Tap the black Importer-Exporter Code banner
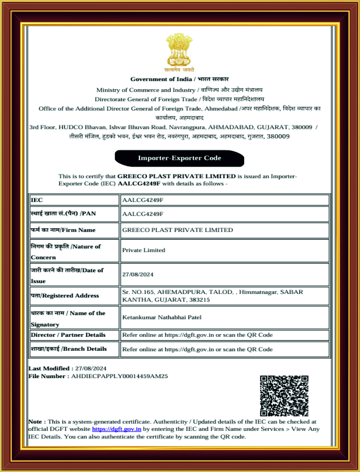tap(180, 158)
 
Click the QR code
tap(284, 395)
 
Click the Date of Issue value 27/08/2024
tap(137, 274)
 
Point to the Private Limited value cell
tap(144, 250)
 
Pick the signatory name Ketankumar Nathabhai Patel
tap(162, 318)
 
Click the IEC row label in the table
tap(37, 199)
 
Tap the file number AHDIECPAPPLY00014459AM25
tap(119, 376)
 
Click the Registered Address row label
tap(65, 296)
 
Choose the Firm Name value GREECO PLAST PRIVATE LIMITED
tap(177, 230)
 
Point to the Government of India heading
tap(180, 79)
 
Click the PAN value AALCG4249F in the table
tap(143, 214)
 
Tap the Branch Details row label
tap(69, 349)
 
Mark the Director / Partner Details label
tap(68, 335)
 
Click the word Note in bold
tap(36, 422)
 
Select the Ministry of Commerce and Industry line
tap(180, 90)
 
